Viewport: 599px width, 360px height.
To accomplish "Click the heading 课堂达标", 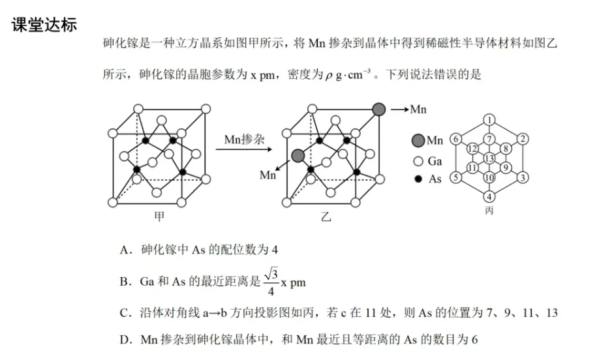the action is point(44,25).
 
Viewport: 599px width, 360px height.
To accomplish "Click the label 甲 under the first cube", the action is point(159,217).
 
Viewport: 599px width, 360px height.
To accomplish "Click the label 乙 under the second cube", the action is point(326,217).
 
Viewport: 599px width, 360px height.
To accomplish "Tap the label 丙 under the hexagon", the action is point(489,211).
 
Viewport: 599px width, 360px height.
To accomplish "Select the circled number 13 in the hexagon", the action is point(489,158).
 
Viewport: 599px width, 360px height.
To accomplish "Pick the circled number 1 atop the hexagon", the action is point(489,119).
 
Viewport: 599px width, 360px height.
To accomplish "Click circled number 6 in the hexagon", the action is point(456,139).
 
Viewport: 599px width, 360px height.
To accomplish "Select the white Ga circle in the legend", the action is point(418,160).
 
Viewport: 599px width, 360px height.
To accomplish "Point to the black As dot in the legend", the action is point(418,179).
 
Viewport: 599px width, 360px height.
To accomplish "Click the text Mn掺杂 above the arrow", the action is point(244,140).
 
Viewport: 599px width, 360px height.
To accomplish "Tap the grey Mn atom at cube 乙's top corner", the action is point(378,109).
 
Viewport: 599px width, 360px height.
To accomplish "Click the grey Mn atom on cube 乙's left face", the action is point(298,155).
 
